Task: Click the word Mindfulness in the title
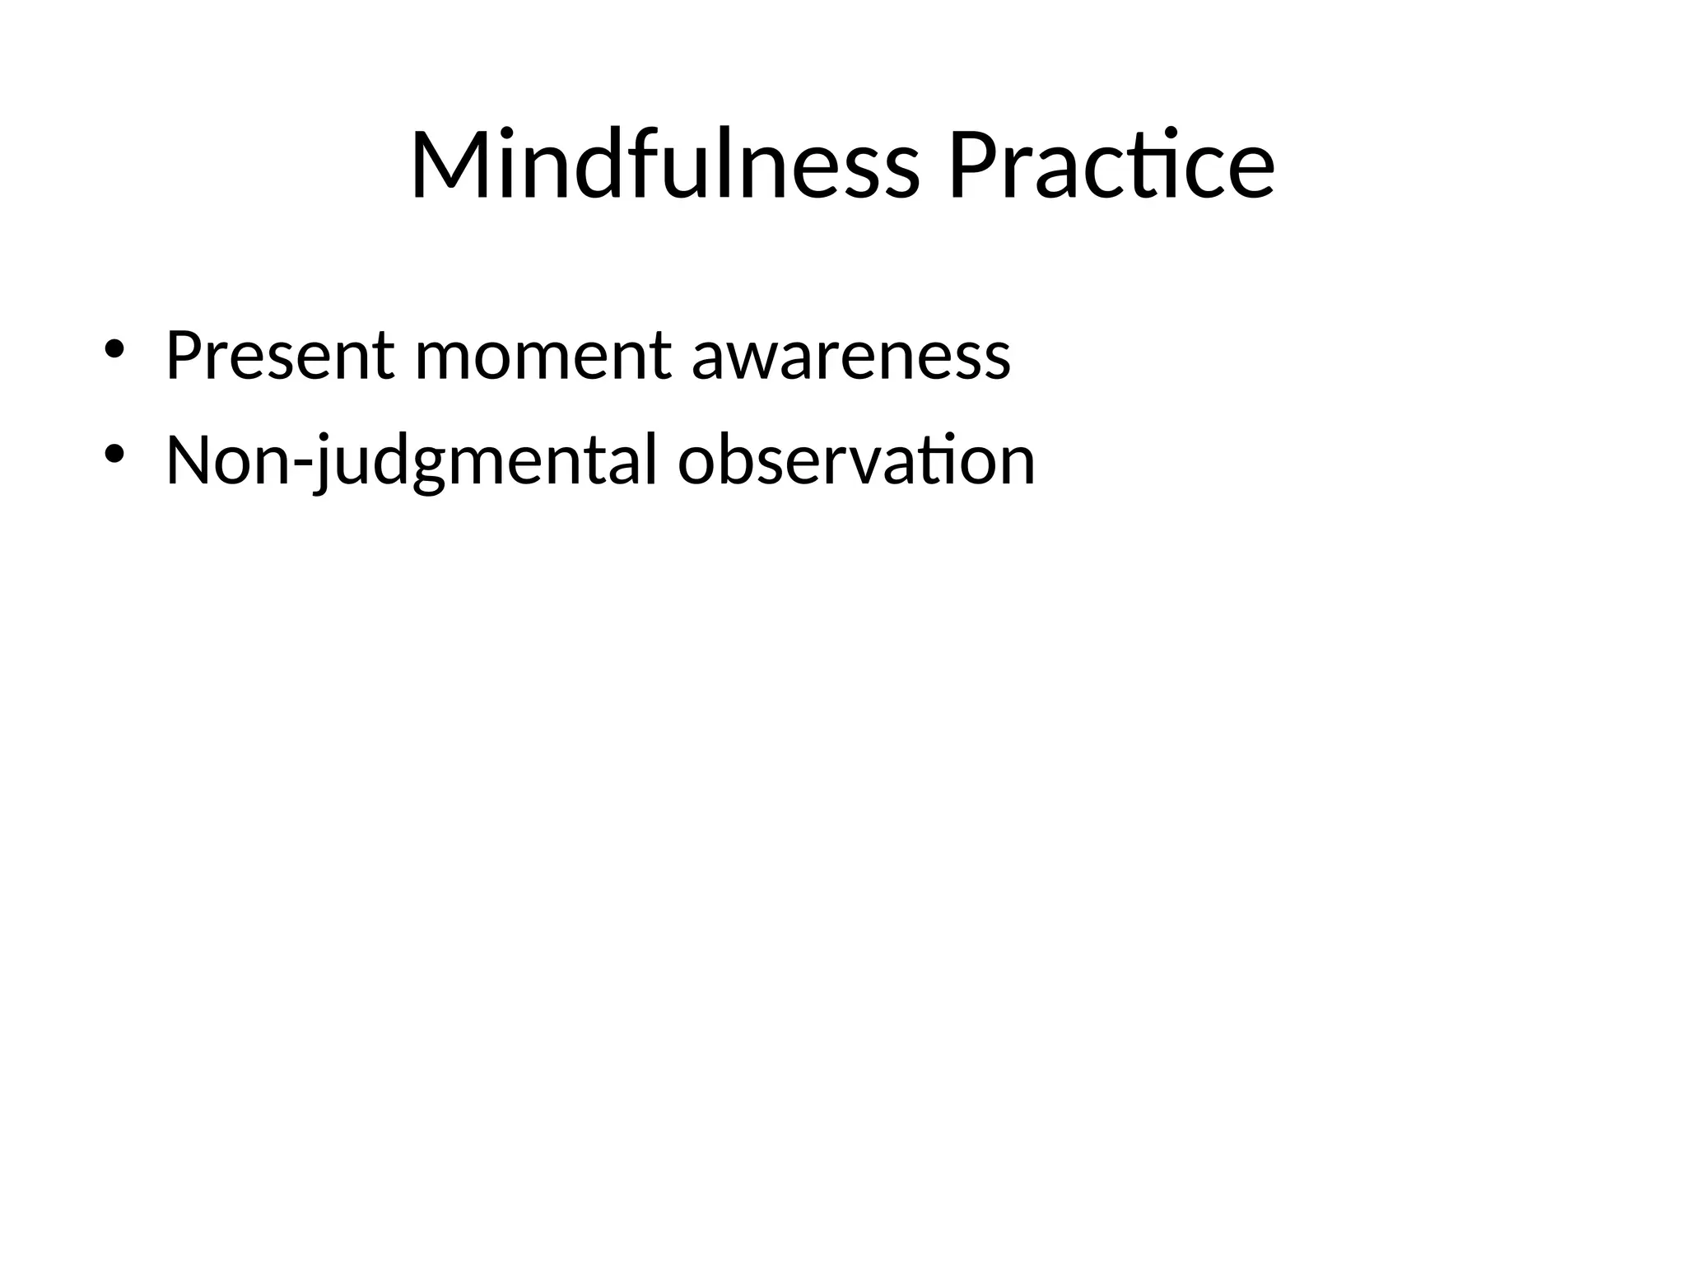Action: coord(664,165)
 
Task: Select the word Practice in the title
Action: coord(1111,165)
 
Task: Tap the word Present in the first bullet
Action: coord(280,356)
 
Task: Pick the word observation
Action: coord(856,461)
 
